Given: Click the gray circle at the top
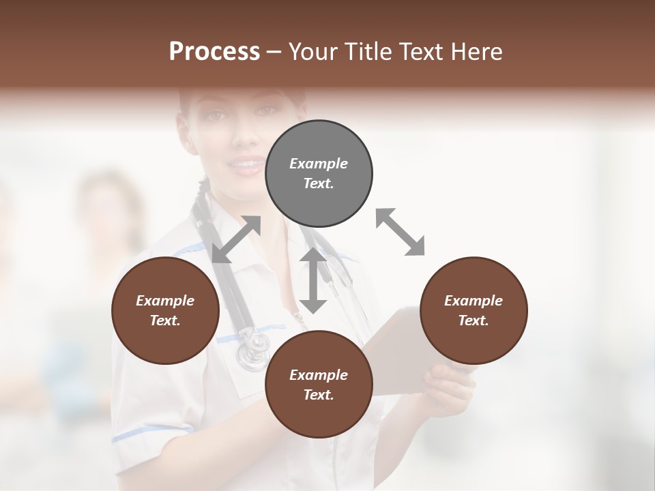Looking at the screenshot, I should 319,174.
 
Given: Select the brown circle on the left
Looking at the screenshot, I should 165,310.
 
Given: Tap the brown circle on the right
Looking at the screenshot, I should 473,310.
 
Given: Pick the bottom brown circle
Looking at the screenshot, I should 319,385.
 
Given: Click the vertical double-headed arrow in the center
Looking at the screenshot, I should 313,280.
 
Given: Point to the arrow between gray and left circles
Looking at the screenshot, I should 236,239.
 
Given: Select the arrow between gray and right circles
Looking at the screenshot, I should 400,233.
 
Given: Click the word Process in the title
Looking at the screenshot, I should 214,52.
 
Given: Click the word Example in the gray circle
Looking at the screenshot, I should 319,164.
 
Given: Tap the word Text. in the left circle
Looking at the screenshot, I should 165,321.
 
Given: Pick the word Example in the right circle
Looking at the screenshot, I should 473,301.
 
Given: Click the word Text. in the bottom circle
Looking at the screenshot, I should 319,395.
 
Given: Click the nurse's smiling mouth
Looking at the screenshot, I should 246,164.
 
